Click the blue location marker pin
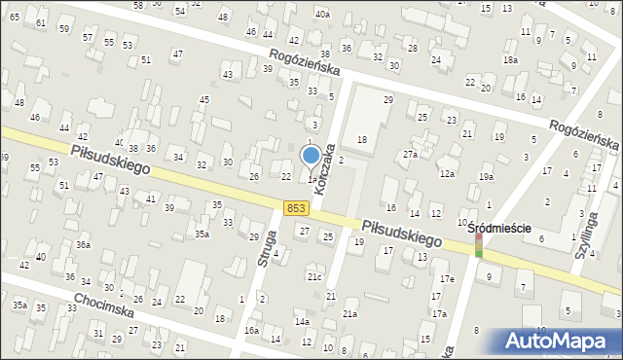(311, 156)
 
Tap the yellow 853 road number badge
(299, 208)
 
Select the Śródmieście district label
(499, 229)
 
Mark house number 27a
(411, 154)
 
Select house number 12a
(447, 173)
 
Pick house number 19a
(486, 176)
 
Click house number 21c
(314, 277)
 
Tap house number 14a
(303, 321)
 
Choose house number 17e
(446, 279)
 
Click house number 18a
(509, 59)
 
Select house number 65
(15, 17)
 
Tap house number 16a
(251, 331)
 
